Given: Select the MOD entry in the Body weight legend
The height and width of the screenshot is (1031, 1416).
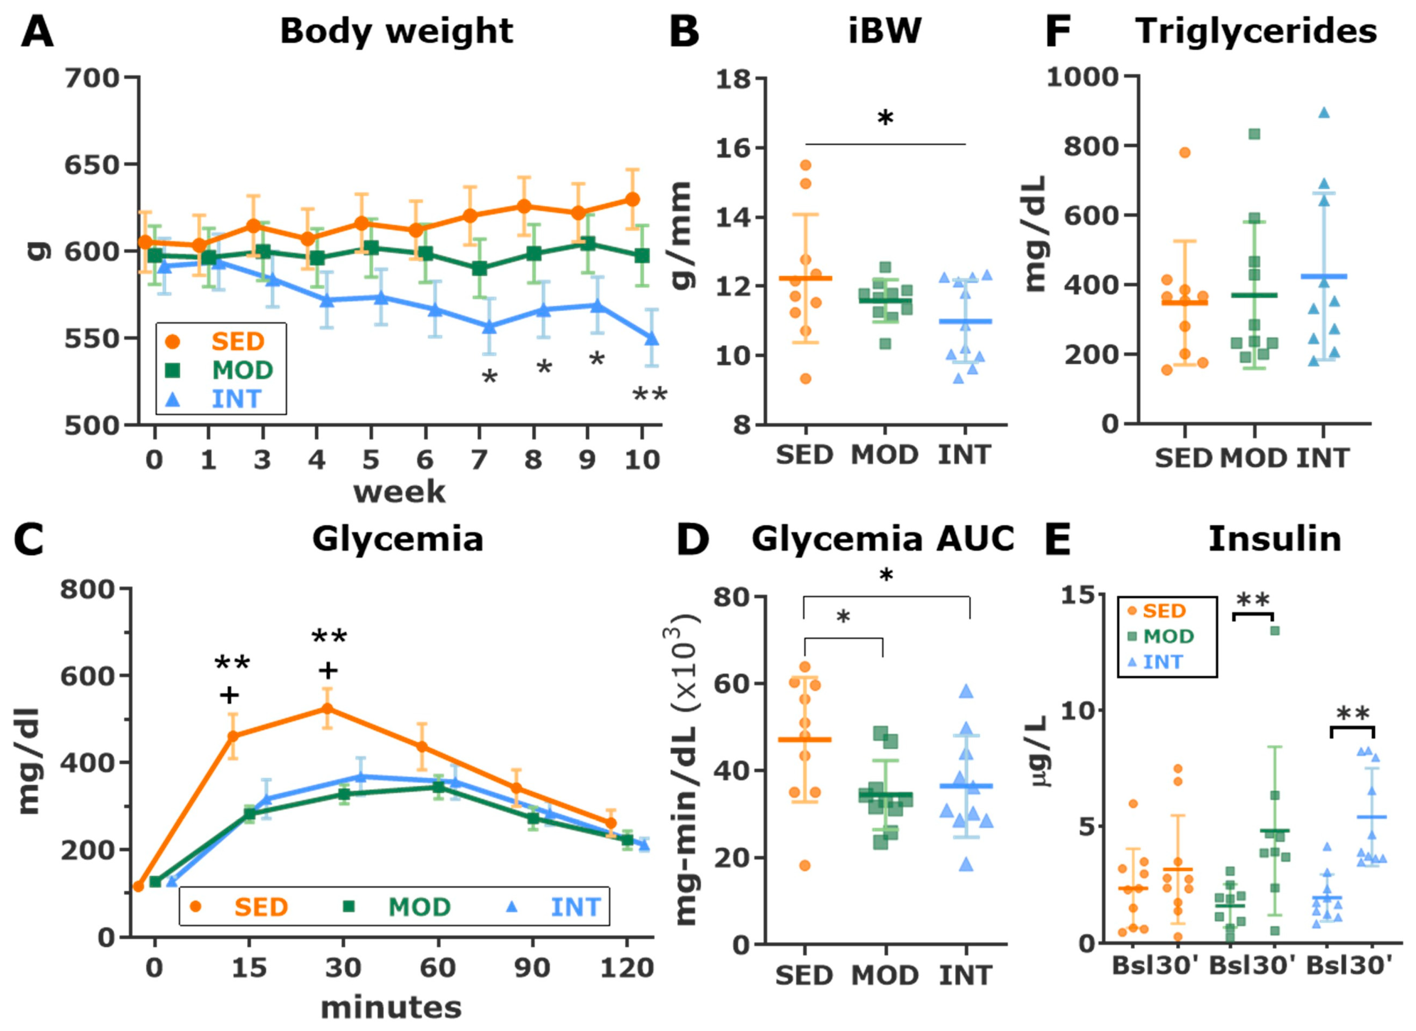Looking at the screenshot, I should point(242,370).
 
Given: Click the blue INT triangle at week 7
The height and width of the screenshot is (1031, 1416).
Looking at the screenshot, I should point(489,326).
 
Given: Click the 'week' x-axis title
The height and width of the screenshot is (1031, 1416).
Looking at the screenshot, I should point(400,492).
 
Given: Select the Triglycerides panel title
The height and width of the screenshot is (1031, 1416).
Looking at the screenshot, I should point(1256,31).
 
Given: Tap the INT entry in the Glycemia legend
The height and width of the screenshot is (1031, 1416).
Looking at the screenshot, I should point(574,907).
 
